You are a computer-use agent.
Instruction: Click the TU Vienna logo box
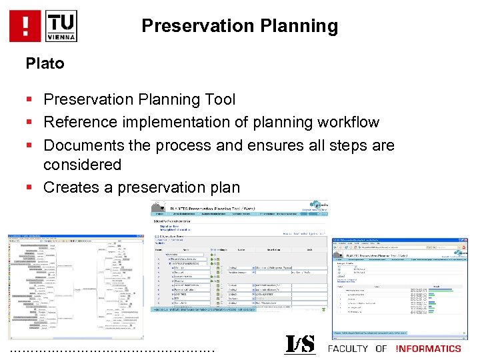pyautogui.click(x=61, y=26)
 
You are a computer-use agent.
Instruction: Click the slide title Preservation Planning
pyautogui.click(x=239, y=26)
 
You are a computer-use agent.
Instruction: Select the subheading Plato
pyautogui.click(x=45, y=64)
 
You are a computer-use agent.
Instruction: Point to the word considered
pyautogui.click(x=82, y=165)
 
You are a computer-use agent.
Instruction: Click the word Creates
pyautogui.click(x=71, y=187)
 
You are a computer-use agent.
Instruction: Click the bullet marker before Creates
pyautogui.click(x=29, y=188)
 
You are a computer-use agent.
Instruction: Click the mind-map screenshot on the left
pyautogui.click(x=75, y=287)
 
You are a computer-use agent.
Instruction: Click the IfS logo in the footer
pyautogui.click(x=301, y=345)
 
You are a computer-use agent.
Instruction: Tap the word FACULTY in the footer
pyautogui.click(x=348, y=349)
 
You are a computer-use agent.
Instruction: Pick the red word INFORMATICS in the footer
pyautogui.click(x=428, y=349)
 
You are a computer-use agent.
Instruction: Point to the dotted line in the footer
pyautogui.click(x=113, y=350)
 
